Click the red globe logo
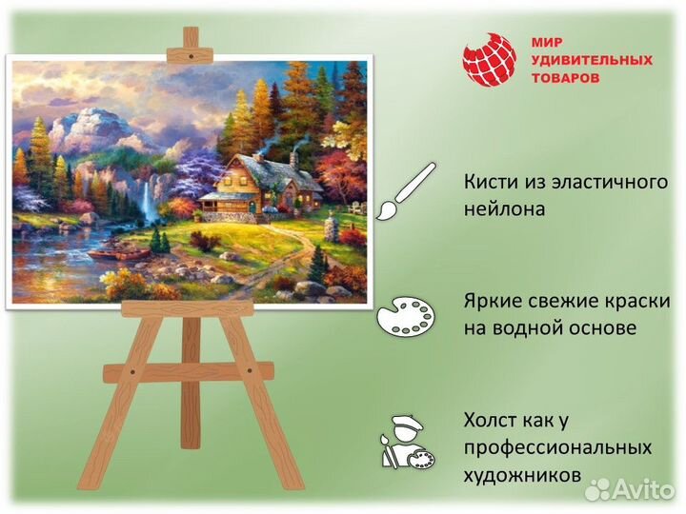point(489,60)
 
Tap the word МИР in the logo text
point(546,42)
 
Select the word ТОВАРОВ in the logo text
point(566,77)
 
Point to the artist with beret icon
point(406,440)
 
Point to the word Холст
point(494,420)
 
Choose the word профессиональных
point(558,446)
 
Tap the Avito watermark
point(630,488)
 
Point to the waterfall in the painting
point(148,202)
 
